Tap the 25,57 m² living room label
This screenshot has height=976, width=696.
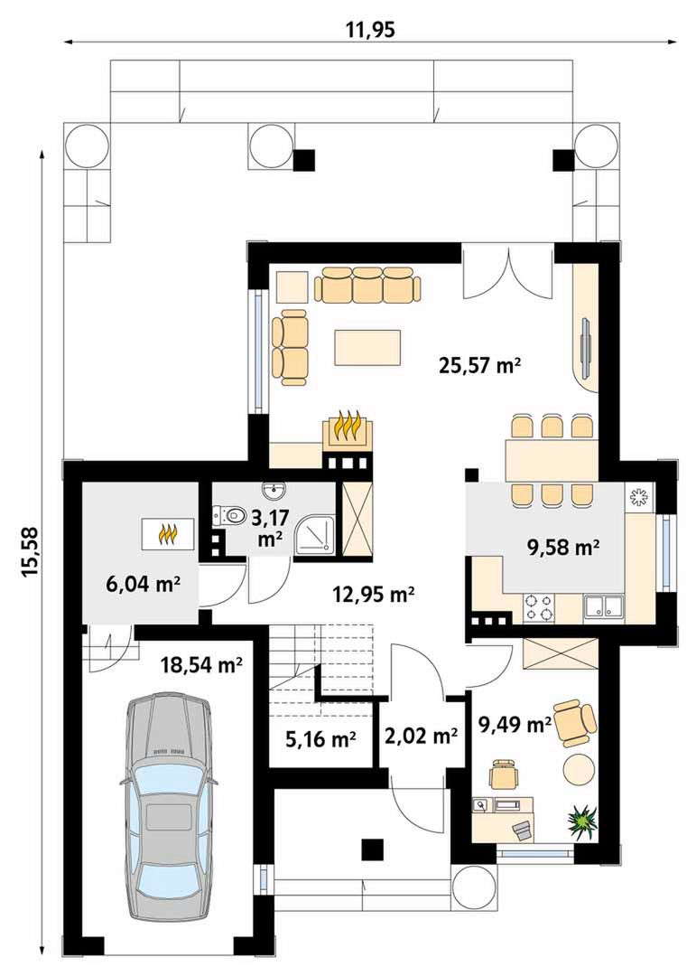[479, 365]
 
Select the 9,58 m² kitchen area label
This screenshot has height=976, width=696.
[563, 547]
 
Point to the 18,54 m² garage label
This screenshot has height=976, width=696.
[201, 665]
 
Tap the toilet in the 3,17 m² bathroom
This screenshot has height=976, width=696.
[228, 515]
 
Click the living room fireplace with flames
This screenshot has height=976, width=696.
[347, 428]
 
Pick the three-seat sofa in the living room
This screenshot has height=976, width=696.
[367, 285]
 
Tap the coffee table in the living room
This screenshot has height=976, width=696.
[367, 347]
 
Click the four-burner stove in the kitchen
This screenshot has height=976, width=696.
[539, 607]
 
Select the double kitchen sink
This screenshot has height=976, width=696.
[603, 606]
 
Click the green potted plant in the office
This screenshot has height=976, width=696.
[583, 821]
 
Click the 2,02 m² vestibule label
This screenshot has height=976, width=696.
[422, 737]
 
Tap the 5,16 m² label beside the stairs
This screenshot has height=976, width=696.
[320, 739]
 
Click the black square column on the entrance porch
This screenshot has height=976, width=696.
[372, 849]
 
